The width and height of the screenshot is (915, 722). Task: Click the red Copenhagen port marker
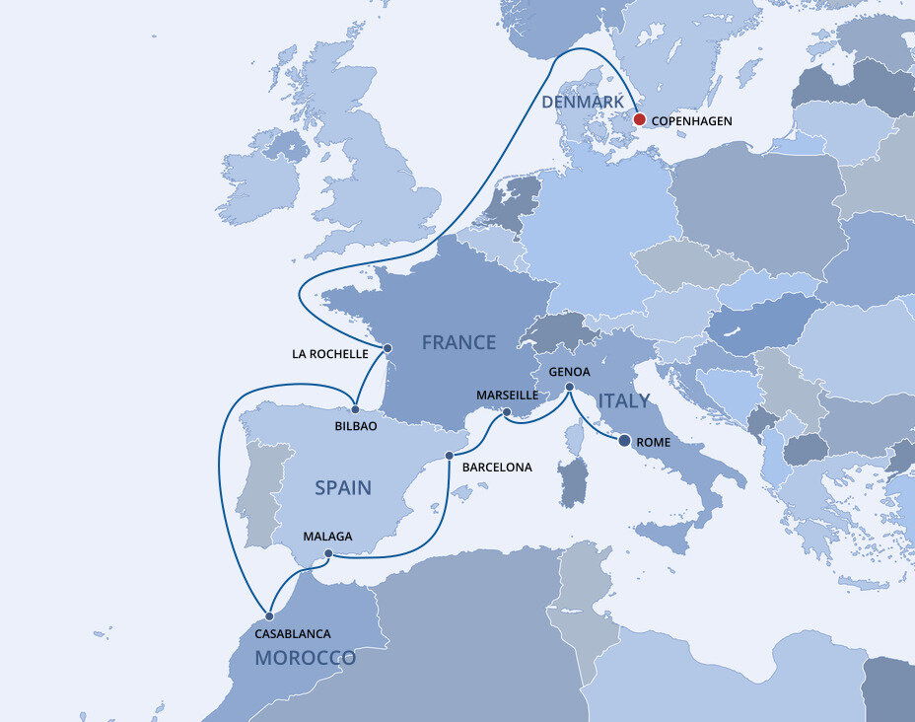click(x=639, y=119)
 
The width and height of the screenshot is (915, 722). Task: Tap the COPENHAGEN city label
click(x=692, y=121)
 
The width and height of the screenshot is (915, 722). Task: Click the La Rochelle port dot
click(x=387, y=348)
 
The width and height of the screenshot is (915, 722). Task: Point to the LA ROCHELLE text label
click(x=330, y=353)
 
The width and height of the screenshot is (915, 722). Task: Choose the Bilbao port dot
click(x=355, y=409)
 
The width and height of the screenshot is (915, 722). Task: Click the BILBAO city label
click(x=356, y=426)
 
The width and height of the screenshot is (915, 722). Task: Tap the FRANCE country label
click(x=457, y=343)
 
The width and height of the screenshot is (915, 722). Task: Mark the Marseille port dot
click(x=506, y=412)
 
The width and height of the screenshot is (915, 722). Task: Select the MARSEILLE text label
click(x=507, y=395)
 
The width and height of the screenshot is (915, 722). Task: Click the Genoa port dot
click(x=570, y=389)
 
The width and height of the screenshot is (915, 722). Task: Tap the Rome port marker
click(x=624, y=441)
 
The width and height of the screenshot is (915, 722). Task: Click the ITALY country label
click(x=622, y=400)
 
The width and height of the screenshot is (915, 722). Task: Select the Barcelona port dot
click(x=450, y=456)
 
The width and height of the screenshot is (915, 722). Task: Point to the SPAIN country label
click(x=342, y=487)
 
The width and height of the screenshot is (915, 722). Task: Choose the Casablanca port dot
click(x=269, y=616)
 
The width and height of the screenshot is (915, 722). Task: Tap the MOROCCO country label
click(x=305, y=658)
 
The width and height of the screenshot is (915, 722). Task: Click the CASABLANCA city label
click(x=292, y=634)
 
